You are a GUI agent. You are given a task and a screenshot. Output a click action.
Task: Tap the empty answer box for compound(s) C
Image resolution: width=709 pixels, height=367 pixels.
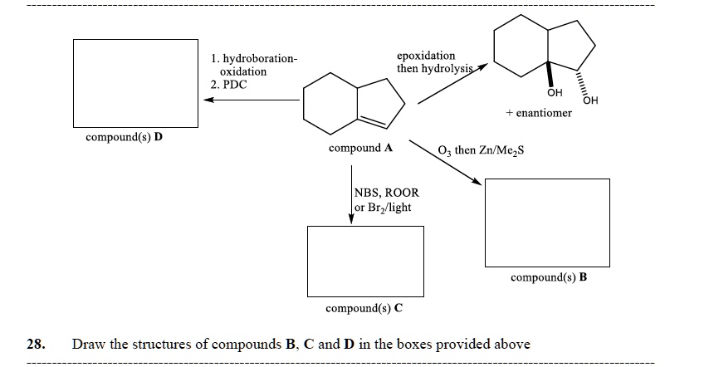tap(365, 259)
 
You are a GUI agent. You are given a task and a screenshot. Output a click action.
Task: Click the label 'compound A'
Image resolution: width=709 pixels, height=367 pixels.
tap(360, 148)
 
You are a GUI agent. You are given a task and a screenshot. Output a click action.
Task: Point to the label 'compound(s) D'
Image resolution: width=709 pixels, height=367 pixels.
tap(124, 136)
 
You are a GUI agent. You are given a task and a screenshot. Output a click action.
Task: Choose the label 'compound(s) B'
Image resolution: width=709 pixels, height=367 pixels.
tap(549, 276)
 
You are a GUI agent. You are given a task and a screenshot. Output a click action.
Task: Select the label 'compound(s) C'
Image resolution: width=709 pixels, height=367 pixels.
tap(364, 308)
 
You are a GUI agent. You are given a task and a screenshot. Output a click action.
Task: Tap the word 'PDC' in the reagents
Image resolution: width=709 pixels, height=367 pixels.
tap(233, 85)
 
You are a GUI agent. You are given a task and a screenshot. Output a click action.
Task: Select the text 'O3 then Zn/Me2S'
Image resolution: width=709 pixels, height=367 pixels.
tap(481, 150)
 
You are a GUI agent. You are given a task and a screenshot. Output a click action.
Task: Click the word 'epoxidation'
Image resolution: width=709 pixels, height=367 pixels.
tap(426, 56)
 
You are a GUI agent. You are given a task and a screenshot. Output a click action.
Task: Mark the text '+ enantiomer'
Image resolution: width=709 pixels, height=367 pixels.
tap(538, 112)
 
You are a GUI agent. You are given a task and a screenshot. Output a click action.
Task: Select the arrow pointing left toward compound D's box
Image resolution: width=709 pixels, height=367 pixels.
tap(249, 100)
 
